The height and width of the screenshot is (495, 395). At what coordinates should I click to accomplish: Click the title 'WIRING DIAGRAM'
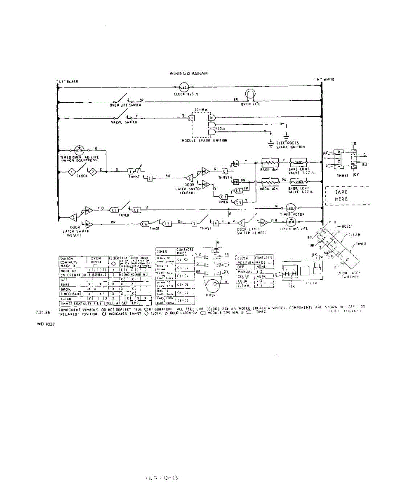pos(189,73)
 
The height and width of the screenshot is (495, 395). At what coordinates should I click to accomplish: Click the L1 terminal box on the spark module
pos(191,118)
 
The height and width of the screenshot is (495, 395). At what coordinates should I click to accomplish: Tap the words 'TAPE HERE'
pos(341,196)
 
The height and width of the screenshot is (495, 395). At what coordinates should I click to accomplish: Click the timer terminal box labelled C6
pos(144,224)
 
